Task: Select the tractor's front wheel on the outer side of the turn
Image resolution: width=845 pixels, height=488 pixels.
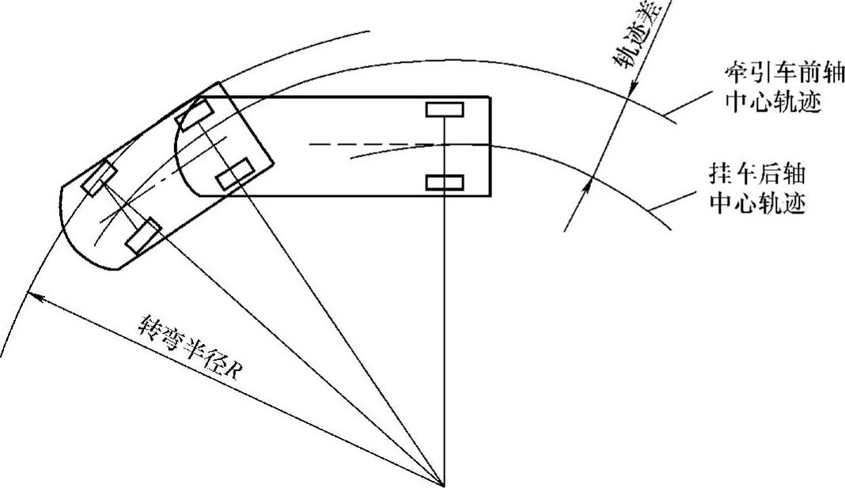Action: pos(99,177)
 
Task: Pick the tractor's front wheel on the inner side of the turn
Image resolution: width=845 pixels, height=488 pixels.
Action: pos(143,236)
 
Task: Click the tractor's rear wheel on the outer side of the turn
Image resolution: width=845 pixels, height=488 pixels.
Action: pos(195,115)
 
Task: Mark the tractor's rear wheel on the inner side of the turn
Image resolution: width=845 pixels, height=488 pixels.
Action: pos(236,174)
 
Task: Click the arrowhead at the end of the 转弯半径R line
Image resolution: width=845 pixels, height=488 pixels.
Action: pos(32,294)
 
